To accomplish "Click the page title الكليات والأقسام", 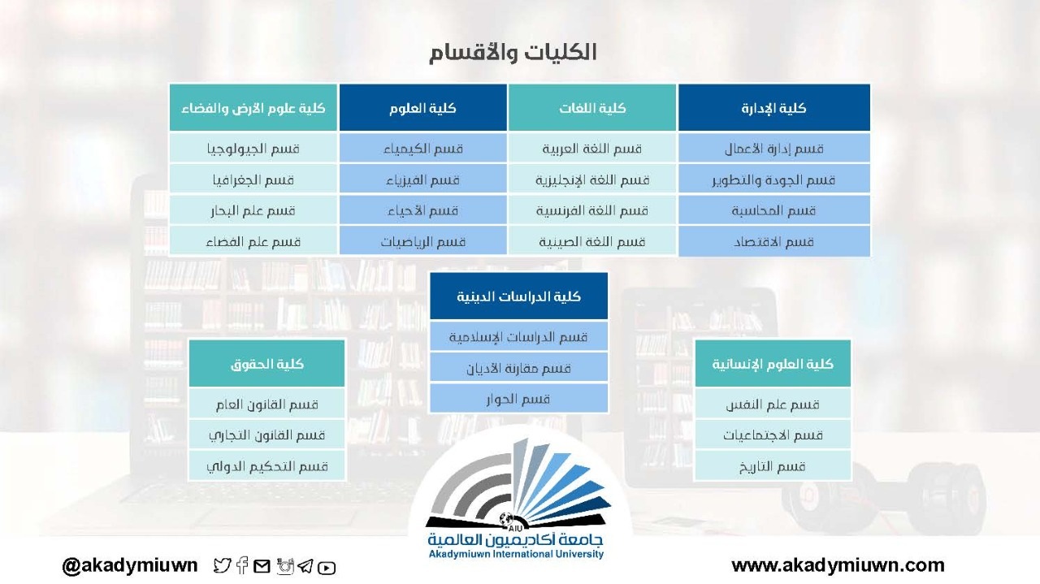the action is [x=513, y=53].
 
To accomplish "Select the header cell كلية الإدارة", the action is [x=774, y=108].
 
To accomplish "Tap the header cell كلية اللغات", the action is [x=592, y=108].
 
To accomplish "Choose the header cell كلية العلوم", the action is [x=422, y=108].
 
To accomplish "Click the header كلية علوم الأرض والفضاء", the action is [x=253, y=108].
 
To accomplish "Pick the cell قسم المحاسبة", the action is [x=774, y=210].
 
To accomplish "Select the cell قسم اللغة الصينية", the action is [x=592, y=241].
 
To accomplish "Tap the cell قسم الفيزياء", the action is [x=422, y=180].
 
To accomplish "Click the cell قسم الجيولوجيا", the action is [x=253, y=149].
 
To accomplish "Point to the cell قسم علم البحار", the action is [x=253, y=210].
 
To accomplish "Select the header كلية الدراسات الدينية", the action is [x=518, y=296].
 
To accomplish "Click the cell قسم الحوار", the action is [x=518, y=399].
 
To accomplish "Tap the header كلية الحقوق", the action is [x=267, y=364].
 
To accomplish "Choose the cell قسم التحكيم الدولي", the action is [x=267, y=465].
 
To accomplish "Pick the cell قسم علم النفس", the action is [x=773, y=404].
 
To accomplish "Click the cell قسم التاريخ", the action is [x=773, y=465].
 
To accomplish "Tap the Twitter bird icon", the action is [x=223, y=565].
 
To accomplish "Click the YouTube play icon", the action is [x=327, y=567].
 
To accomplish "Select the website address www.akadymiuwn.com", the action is [x=838, y=565].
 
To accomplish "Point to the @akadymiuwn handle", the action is [x=129, y=565].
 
